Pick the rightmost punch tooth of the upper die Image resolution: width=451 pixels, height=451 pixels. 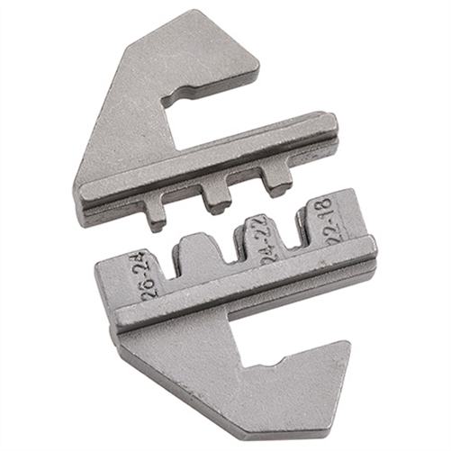pos(276,181)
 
